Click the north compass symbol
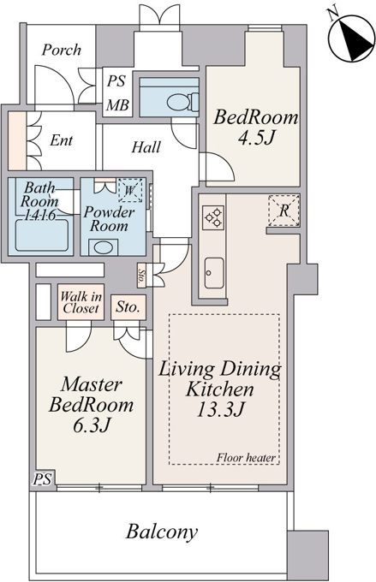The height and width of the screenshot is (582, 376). click(x=351, y=39)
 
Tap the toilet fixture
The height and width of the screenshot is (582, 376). click(x=182, y=102)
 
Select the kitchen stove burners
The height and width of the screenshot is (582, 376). click(x=213, y=217)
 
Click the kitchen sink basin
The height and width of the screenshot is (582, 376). click(x=214, y=273)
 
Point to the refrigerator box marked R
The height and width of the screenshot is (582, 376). click(x=283, y=211)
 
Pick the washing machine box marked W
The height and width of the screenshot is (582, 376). click(x=129, y=190)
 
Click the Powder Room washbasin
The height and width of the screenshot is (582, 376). click(x=103, y=247)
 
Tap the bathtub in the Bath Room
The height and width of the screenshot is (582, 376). click(x=42, y=235)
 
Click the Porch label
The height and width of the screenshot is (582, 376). click(x=62, y=50)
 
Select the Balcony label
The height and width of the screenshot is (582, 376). click(x=162, y=532)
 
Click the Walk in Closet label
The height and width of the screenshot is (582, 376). click(x=81, y=302)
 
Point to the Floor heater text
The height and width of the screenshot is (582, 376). click(x=246, y=458)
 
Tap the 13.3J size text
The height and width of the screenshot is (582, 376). click(x=220, y=409)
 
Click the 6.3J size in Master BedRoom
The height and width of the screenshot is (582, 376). click(x=91, y=425)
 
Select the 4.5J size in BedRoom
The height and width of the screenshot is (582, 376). click(x=256, y=138)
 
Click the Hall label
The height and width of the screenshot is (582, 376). click(x=146, y=147)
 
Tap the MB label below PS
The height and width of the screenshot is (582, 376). click(x=117, y=106)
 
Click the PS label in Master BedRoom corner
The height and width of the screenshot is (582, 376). click(x=42, y=479)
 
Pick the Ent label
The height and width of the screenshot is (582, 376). click(x=62, y=140)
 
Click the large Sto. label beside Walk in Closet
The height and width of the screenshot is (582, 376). click(x=128, y=307)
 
